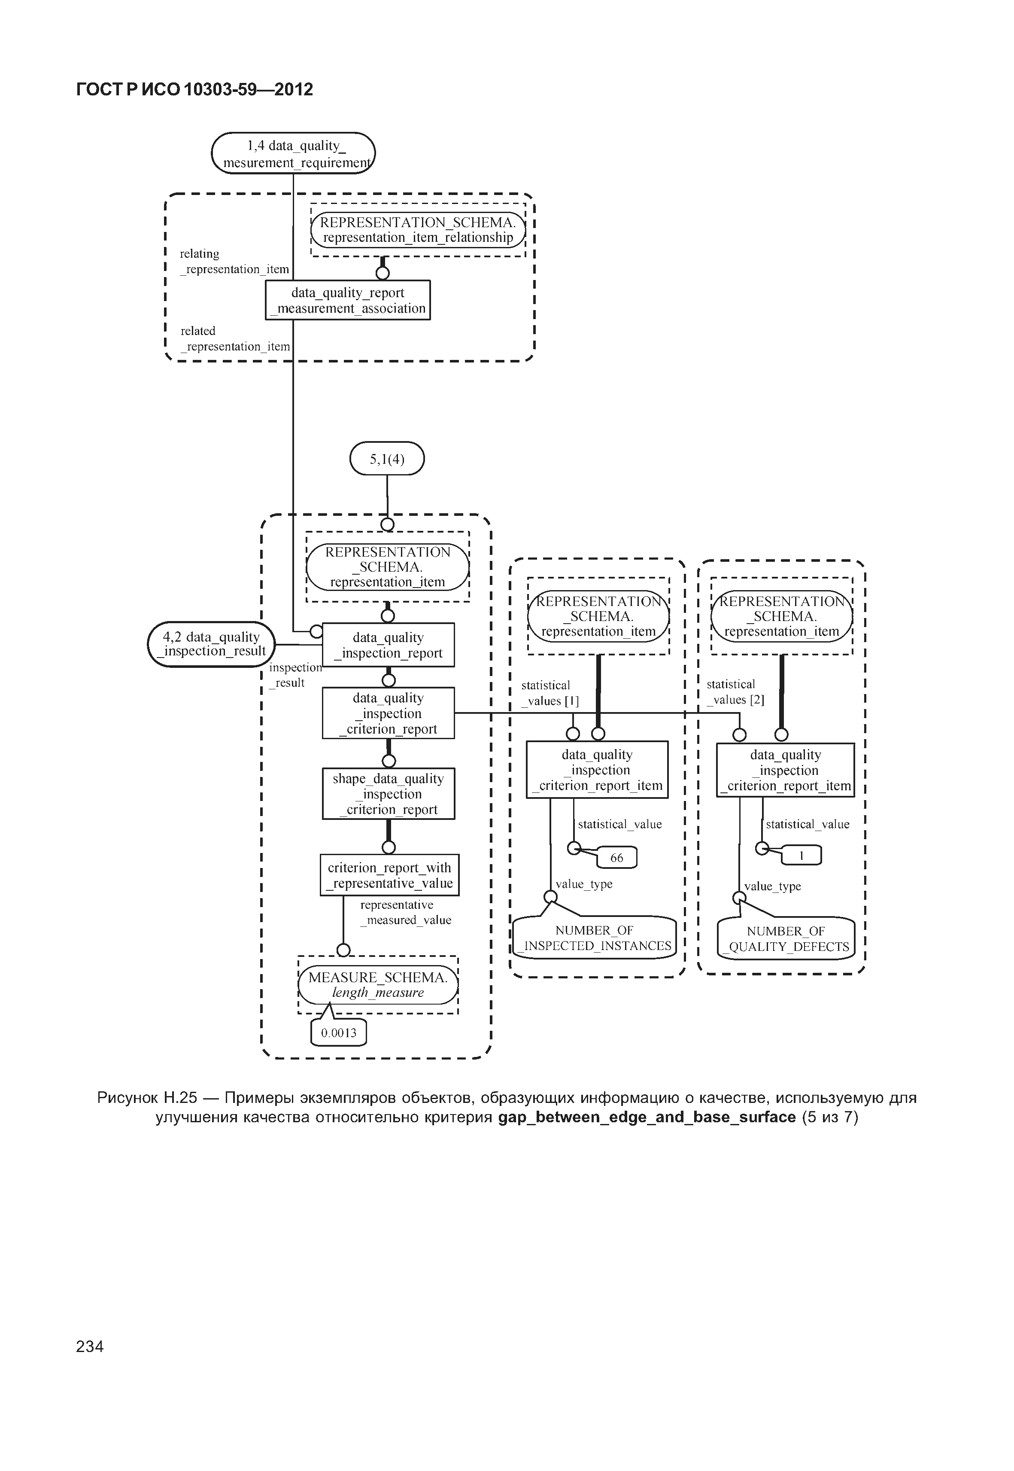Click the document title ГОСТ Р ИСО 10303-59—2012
click(194, 90)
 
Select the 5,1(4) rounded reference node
click(387, 458)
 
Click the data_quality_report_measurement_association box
click(348, 300)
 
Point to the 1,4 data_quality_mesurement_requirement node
click(294, 153)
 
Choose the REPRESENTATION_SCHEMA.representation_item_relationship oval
click(418, 230)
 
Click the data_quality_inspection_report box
click(388, 645)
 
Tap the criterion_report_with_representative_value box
click(389, 875)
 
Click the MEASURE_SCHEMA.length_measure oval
click(378, 985)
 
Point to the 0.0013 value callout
click(339, 1033)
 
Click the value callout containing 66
click(617, 858)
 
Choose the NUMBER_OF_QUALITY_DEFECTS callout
click(786, 939)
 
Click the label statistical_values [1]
click(550, 693)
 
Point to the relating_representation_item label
click(234, 261)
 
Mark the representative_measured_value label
click(405, 912)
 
